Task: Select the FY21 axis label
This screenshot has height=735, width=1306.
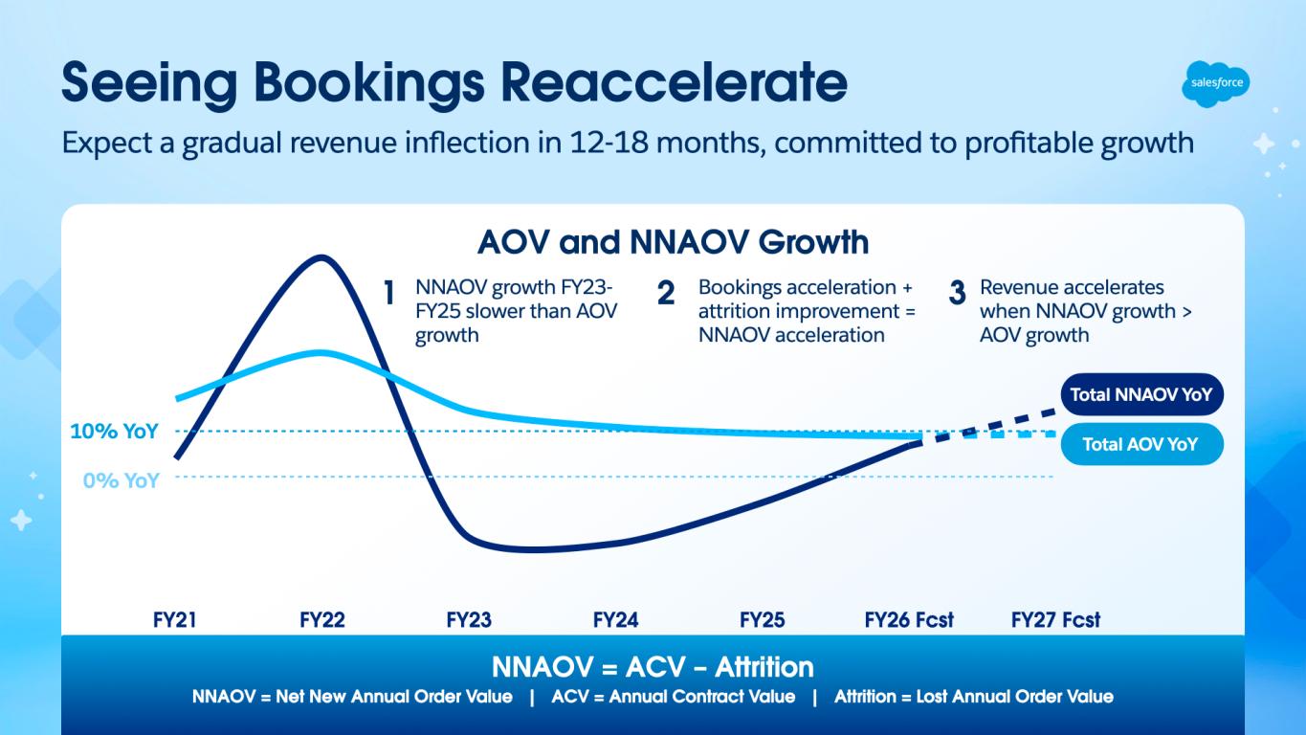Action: [175, 619]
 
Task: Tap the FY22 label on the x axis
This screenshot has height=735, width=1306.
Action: [321, 619]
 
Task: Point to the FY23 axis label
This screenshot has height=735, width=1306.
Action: [469, 619]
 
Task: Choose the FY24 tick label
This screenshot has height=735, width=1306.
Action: [615, 619]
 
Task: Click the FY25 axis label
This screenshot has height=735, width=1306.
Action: [762, 619]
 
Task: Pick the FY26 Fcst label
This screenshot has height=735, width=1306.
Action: [909, 619]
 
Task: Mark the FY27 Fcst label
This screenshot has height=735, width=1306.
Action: [1055, 619]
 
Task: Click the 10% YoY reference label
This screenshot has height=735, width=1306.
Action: [115, 432]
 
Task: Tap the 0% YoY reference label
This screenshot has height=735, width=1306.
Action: [121, 480]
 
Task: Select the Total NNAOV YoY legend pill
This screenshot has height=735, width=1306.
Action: [1140, 394]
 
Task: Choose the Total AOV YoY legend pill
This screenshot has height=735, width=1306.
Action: [1140, 444]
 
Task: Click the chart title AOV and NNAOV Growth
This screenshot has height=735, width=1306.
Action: [673, 242]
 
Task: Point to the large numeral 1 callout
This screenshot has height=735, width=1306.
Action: [389, 294]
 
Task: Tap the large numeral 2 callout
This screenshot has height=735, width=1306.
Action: [666, 294]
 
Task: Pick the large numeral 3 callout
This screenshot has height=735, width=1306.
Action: [957, 294]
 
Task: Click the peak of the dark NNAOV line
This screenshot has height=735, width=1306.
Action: [321, 256]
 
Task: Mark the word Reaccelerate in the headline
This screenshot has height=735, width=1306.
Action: [675, 83]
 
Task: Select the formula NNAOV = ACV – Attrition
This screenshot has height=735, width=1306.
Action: [653, 666]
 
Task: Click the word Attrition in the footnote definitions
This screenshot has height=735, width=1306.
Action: [867, 697]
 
